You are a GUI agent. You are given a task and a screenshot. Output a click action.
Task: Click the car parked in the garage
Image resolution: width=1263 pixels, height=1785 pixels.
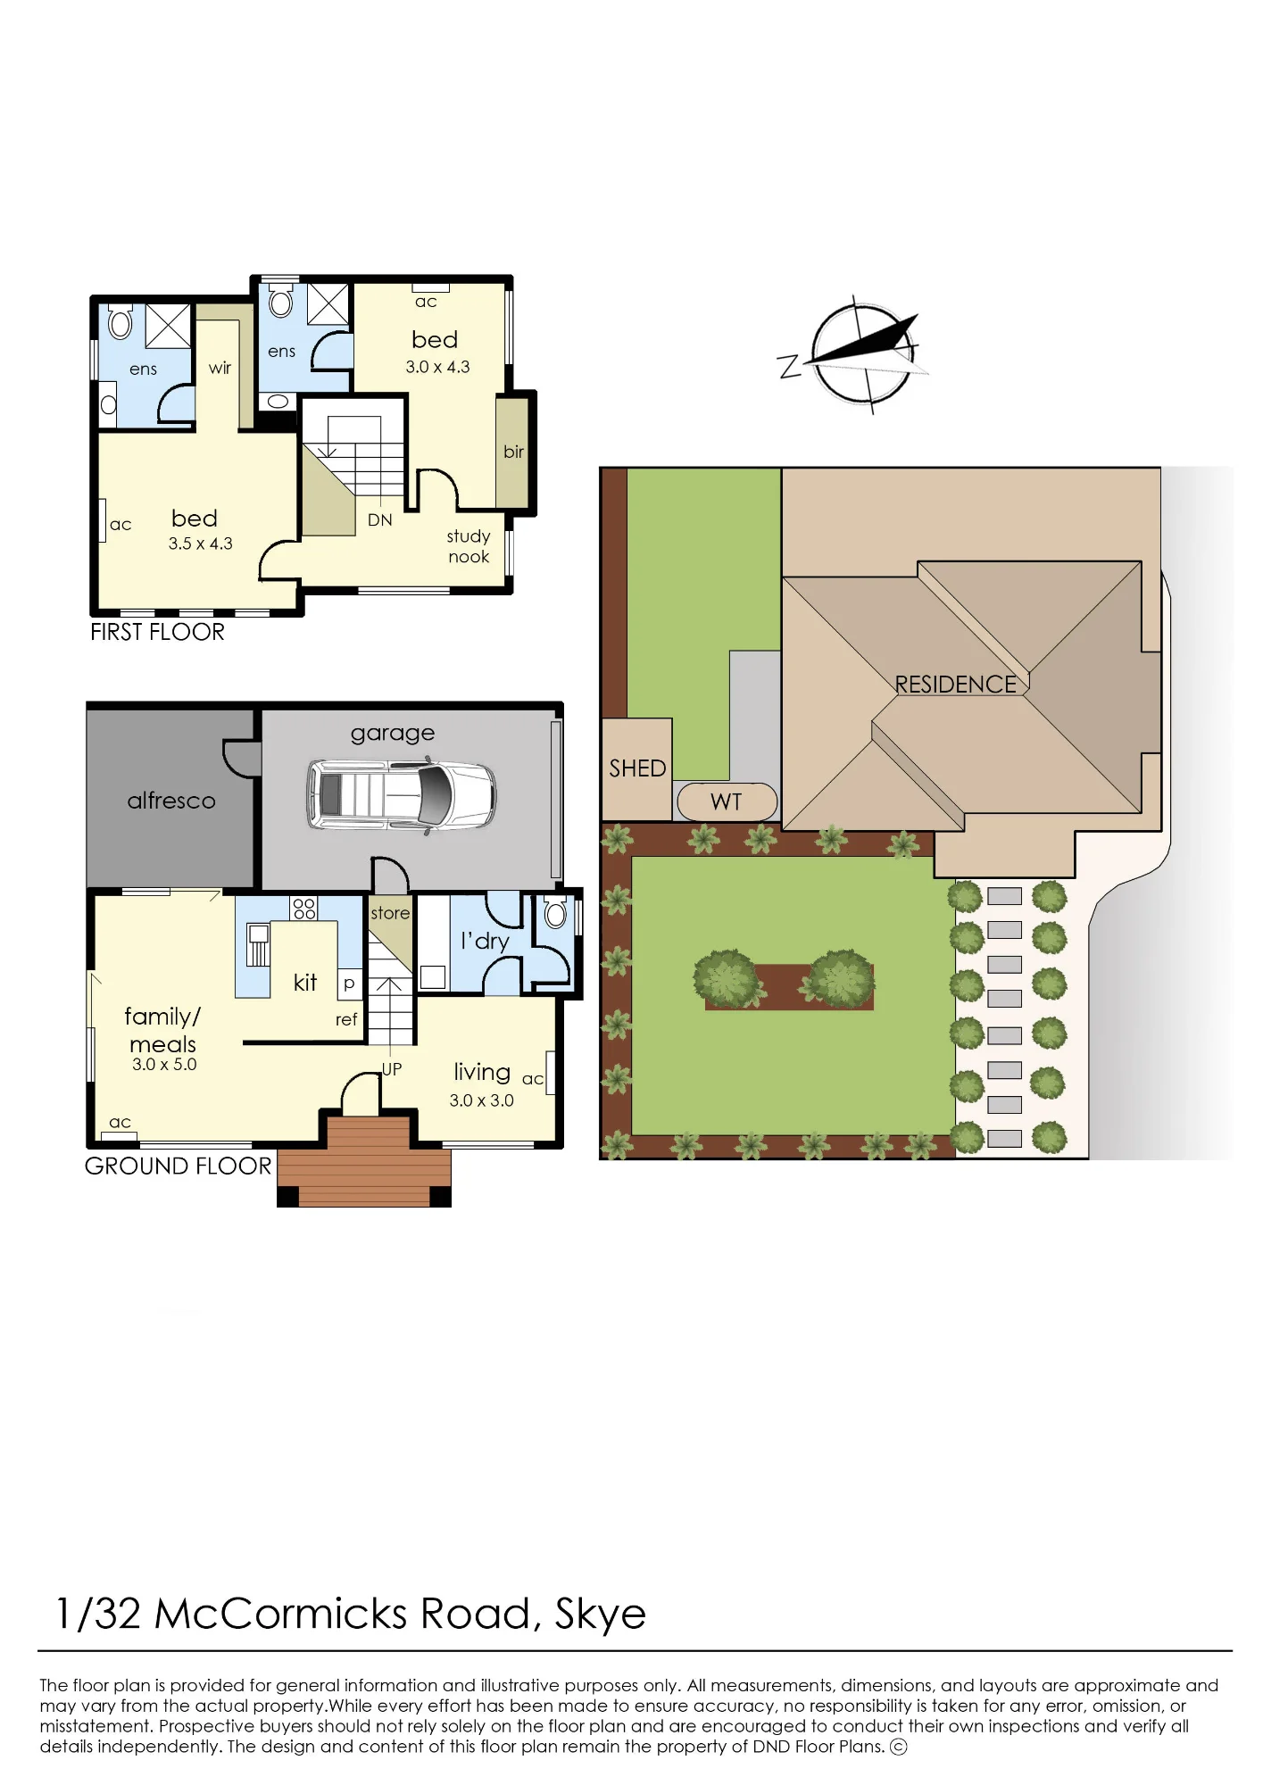[401, 795]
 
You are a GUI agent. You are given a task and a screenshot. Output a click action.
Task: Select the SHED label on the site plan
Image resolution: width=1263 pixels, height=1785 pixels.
[637, 768]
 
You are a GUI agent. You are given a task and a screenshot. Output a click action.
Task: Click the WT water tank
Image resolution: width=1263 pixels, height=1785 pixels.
[727, 801]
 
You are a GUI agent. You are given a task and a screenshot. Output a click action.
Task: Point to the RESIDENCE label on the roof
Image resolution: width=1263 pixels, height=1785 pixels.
[956, 685]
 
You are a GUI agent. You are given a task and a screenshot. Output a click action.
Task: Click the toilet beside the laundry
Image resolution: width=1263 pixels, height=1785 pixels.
[555, 913]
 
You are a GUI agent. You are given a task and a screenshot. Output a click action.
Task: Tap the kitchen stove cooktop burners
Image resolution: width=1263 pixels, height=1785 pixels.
[304, 909]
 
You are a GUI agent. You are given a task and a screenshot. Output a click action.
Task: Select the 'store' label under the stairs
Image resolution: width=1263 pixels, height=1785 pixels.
[390, 913]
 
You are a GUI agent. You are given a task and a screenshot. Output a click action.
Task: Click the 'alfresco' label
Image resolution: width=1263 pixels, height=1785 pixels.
[171, 801]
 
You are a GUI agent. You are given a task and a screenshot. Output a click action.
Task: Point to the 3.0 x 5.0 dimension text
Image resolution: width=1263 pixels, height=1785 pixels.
[164, 1064]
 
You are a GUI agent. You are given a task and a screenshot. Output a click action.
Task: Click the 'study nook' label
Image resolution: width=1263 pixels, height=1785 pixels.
[469, 546]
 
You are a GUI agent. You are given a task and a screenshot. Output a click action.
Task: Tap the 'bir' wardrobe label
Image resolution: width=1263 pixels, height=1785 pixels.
[513, 452]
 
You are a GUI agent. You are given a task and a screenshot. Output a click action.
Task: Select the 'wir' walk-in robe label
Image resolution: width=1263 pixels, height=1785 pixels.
[220, 368]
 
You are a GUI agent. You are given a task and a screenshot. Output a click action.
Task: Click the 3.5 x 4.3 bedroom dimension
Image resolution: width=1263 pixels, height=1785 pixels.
[201, 544]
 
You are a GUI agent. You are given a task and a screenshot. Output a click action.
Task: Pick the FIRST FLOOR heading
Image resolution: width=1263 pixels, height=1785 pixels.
[157, 632]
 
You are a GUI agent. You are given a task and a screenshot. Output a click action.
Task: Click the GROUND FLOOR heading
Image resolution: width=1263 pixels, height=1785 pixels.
[178, 1166]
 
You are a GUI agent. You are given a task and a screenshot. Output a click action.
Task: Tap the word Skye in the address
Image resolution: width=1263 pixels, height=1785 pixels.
[600, 1614]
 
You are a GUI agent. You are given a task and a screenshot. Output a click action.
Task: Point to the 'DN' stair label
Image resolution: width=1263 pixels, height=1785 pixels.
[380, 519]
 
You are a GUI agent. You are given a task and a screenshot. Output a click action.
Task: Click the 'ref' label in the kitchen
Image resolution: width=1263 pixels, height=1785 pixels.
[346, 1019]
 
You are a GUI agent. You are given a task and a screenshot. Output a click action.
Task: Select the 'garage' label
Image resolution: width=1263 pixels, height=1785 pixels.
[393, 734]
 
